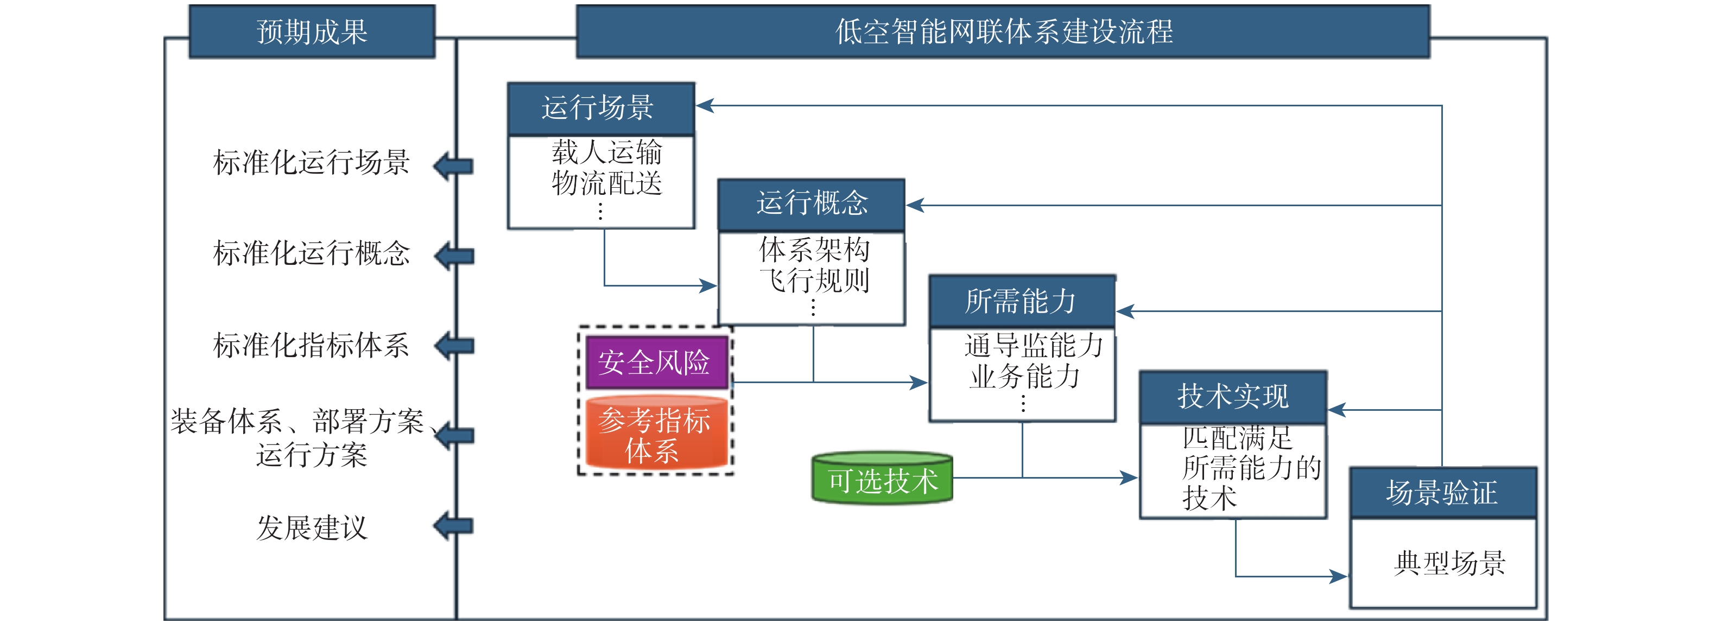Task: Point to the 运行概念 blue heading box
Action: pos(811,204)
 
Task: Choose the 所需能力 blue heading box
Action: pos(1022,301)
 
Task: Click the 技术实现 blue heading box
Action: pos(1233,397)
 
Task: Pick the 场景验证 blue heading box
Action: pos(1442,493)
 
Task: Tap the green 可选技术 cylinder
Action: pos(882,480)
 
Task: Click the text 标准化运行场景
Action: pos(312,163)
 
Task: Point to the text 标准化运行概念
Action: pos(312,253)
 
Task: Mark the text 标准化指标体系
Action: pos(312,346)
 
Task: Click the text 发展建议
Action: pos(312,528)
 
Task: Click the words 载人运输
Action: pos(607,152)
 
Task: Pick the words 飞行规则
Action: pos(814,281)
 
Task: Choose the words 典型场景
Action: pos(1450,563)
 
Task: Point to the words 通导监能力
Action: pos(1034,346)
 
